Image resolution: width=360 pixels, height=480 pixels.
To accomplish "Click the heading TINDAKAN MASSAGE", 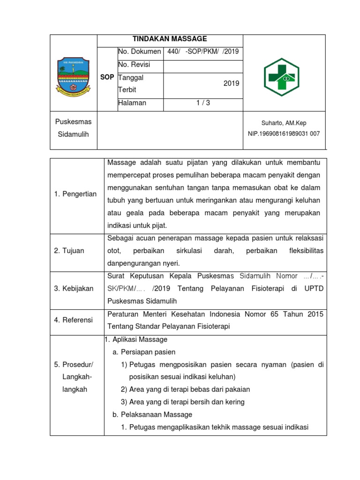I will (x=170, y=39).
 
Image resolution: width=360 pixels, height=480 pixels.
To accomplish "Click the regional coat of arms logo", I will (x=74, y=75).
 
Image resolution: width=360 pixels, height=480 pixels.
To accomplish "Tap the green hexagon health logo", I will (x=284, y=76).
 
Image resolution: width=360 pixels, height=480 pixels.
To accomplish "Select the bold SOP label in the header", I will (x=107, y=77).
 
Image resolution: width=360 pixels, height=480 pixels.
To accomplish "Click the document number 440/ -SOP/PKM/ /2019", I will (x=203, y=52).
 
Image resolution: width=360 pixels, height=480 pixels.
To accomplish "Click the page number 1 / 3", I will (x=203, y=103).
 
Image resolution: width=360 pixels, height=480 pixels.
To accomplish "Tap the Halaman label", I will (x=132, y=103).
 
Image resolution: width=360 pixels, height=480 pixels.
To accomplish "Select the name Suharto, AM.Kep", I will (x=284, y=123).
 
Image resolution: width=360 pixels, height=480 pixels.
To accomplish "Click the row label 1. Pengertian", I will (x=75, y=194).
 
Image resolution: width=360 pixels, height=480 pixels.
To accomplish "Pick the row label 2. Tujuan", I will (x=69, y=251).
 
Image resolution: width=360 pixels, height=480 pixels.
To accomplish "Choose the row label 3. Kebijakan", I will (x=74, y=288).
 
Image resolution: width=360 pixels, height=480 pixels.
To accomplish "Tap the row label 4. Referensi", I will (x=74, y=320).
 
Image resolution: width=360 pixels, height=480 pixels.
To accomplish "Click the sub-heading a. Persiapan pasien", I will (x=144, y=352).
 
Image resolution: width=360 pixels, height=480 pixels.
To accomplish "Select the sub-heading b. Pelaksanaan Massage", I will (x=152, y=415).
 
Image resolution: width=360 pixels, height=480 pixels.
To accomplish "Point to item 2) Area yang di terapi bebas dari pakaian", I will (x=185, y=390).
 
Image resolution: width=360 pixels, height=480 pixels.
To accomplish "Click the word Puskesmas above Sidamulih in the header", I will (x=74, y=122).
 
